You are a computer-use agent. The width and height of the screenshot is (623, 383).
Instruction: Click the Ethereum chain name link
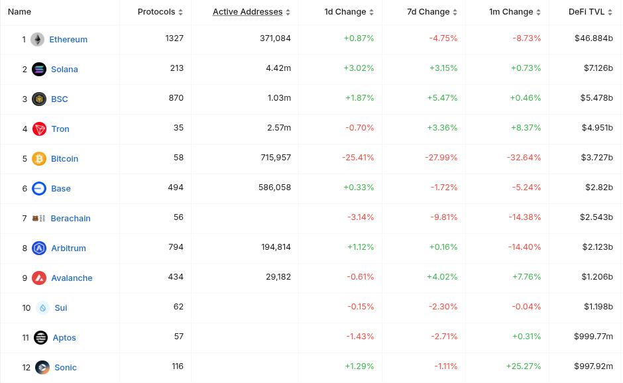coord(68,39)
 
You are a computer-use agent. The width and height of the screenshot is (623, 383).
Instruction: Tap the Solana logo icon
coord(39,69)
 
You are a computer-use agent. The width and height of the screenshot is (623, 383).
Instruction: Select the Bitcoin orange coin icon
coord(39,158)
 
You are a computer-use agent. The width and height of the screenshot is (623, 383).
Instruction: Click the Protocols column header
coord(156,11)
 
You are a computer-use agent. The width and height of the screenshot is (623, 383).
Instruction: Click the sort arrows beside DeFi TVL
coord(610,12)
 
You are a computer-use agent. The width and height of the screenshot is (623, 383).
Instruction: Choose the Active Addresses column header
coord(247,11)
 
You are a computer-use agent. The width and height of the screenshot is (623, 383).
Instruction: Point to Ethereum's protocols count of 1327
coord(174,38)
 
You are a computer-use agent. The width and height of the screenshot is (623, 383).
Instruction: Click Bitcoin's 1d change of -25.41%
coord(358,157)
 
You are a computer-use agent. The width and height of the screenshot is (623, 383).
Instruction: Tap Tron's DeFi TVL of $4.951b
coord(597,127)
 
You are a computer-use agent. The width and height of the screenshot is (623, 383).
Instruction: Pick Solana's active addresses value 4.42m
coord(278,68)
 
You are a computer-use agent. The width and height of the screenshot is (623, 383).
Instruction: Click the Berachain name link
coord(70,218)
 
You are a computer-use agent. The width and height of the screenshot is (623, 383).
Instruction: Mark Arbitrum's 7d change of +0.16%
coord(443,246)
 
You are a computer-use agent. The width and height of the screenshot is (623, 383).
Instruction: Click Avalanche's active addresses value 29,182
coord(278,276)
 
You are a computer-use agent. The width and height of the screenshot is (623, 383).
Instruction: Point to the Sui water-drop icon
coord(43,307)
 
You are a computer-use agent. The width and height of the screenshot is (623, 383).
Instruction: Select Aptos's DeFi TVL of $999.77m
coord(593,336)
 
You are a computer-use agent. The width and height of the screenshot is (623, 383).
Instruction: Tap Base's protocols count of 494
coord(176,187)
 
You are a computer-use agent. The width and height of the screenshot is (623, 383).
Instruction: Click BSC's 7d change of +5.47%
coord(442,97)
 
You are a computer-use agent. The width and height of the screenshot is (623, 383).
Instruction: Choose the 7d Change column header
coord(428,11)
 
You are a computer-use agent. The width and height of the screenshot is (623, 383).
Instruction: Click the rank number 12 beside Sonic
coord(26,367)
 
